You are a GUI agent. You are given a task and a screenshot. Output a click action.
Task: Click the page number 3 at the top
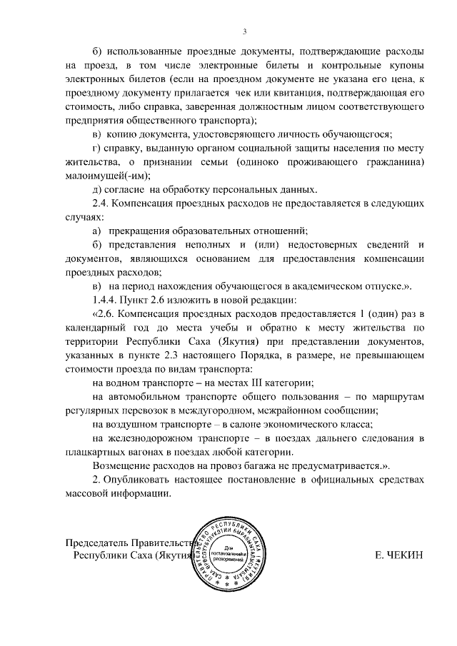244,31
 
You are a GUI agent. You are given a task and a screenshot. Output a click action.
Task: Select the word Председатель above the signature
99,542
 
